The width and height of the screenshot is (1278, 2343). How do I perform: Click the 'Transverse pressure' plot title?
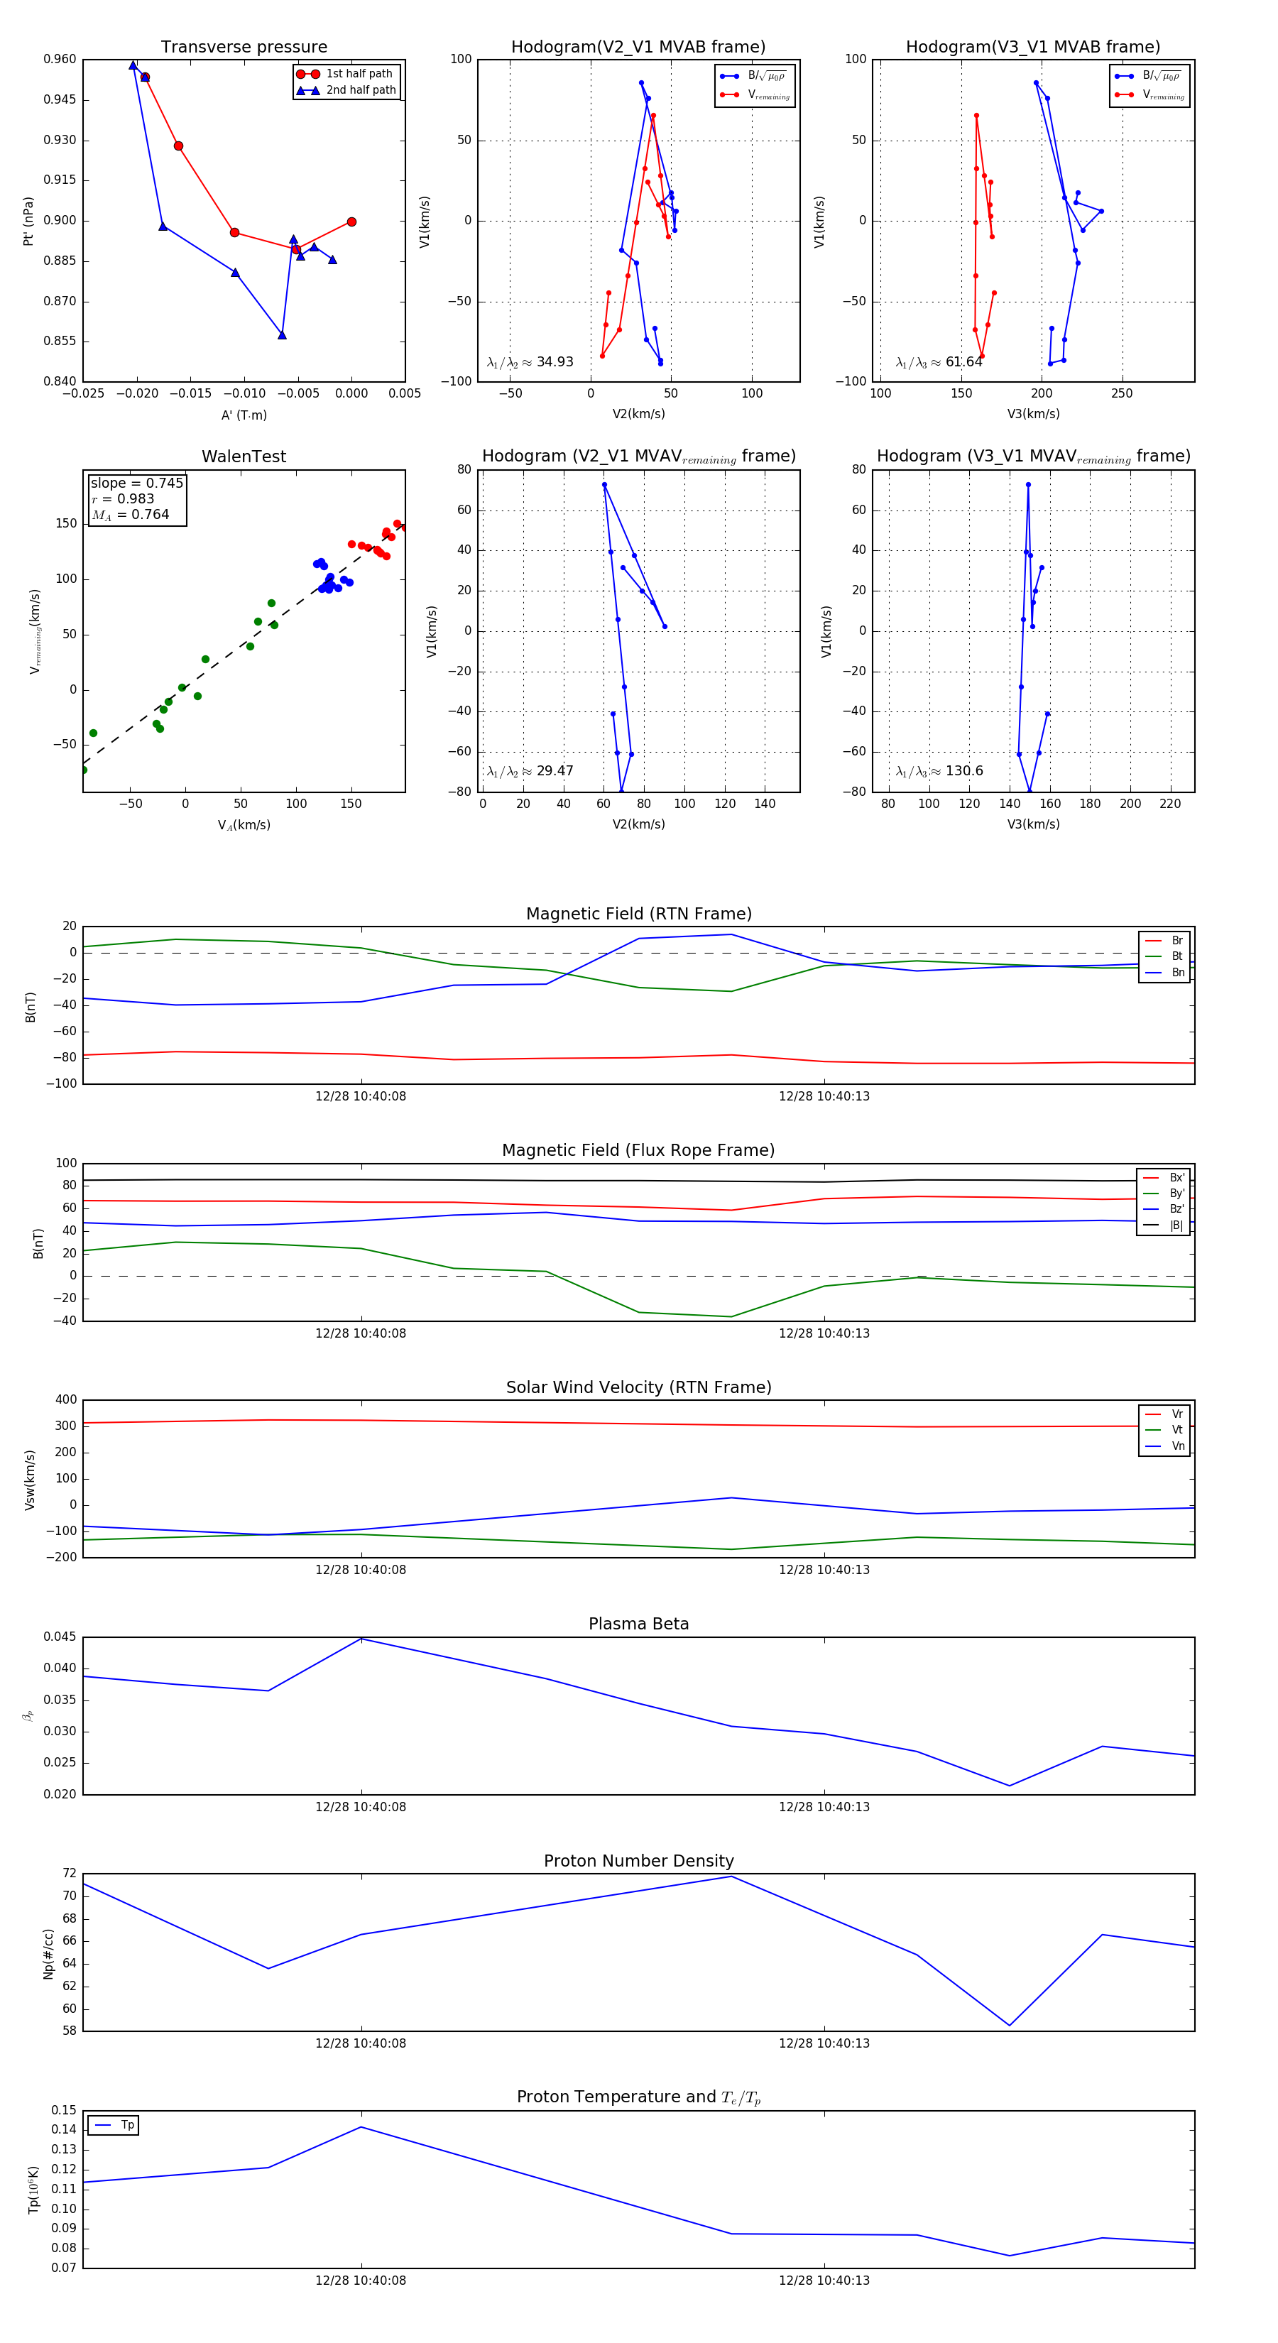pyautogui.click(x=244, y=48)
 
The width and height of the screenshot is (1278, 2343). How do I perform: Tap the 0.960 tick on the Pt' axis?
pyautogui.click(x=60, y=59)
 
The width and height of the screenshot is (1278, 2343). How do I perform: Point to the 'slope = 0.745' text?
pyautogui.click(x=136, y=483)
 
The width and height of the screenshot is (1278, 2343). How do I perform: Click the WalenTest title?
pyautogui.click(x=244, y=457)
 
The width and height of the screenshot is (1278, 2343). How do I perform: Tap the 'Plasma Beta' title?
pyautogui.click(x=638, y=1624)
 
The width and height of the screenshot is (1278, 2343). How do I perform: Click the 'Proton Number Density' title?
pyautogui.click(x=638, y=1861)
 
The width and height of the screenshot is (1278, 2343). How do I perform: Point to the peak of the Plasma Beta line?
pyautogui.click(x=361, y=1639)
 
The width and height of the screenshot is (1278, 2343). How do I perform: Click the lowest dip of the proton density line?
pyautogui.click(x=1009, y=2026)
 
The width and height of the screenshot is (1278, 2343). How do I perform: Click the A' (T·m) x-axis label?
pyautogui.click(x=244, y=415)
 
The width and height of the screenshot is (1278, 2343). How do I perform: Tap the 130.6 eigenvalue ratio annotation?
pyautogui.click(x=939, y=771)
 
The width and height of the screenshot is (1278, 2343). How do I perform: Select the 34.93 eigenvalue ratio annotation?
pyautogui.click(x=530, y=362)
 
